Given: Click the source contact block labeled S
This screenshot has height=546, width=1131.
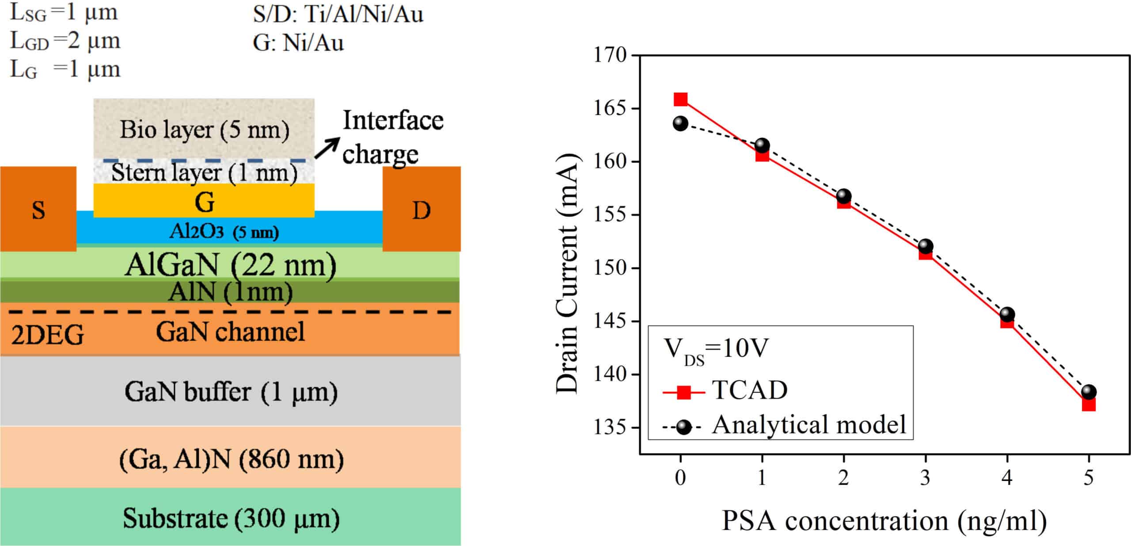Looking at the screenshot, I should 38,209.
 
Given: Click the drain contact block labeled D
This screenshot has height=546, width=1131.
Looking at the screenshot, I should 421,209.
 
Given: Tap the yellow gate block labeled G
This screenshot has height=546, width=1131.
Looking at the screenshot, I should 204,202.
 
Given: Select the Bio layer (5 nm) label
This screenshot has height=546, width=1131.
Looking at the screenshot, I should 204,130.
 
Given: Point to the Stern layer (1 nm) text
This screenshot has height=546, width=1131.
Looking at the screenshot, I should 204,172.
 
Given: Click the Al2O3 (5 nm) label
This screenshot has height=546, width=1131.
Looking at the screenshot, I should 224,231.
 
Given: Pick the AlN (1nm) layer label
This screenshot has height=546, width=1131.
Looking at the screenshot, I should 230,292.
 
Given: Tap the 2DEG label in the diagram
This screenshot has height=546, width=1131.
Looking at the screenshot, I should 47,335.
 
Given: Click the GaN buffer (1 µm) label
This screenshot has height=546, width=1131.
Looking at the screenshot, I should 231,392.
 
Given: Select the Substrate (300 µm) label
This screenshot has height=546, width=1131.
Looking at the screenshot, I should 231,518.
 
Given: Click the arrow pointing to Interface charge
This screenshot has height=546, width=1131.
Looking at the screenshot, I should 327,148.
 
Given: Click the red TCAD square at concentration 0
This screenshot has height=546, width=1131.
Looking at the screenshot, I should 680,99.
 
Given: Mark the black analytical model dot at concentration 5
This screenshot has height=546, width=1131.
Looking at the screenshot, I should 1089,392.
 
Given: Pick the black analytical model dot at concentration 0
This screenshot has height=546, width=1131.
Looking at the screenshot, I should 680,124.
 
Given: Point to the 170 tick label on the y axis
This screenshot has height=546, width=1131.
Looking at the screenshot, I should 610,55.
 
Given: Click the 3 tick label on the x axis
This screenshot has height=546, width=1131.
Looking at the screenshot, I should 925,477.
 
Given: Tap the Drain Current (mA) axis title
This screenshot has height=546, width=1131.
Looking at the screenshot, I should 567,273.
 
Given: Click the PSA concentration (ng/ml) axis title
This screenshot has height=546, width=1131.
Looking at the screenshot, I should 884,521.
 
